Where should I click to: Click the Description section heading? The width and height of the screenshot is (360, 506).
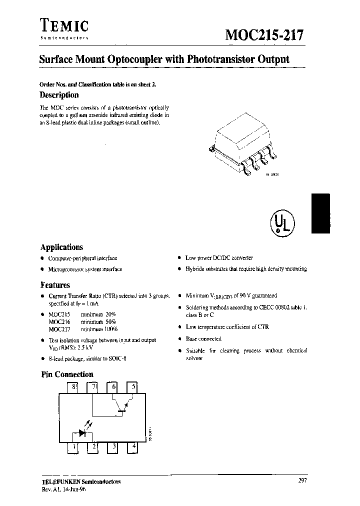click(x=59, y=95)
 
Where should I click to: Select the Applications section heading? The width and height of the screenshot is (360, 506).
click(x=61, y=247)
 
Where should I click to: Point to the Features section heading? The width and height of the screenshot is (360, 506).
click(x=55, y=285)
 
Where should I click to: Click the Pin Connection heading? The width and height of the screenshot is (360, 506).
click(x=67, y=374)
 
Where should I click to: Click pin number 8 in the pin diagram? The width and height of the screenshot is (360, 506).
click(x=73, y=386)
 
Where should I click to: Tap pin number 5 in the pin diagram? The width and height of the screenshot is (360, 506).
click(x=132, y=386)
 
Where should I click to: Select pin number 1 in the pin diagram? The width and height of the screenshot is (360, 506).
click(x=73, y=446)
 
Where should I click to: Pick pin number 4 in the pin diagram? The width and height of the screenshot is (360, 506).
click(x=133, y=446)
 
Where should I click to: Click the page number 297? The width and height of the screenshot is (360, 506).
click(x=301, y=480)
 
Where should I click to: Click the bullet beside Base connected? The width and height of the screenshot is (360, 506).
click(x=179, y=339)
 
